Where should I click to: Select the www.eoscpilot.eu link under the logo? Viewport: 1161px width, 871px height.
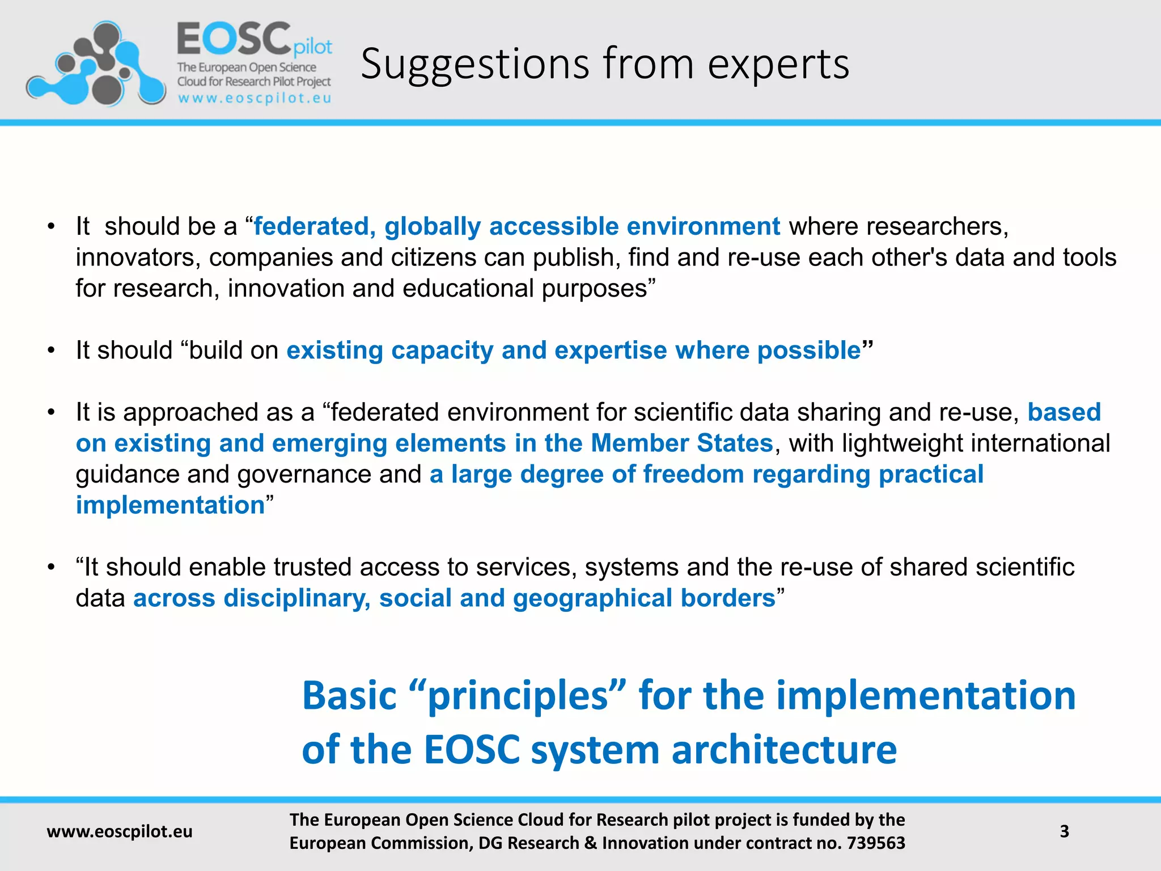[255, 98]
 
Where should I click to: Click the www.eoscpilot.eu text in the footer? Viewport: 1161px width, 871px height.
[120, 831]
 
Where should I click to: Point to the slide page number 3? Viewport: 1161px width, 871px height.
[1064, 831]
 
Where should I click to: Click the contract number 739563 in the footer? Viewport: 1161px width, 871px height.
[876, 843]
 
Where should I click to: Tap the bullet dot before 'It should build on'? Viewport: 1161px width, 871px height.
[52, 350]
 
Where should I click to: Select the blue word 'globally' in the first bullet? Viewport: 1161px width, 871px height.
[433, 226]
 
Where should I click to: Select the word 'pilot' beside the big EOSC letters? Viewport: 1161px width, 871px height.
[313, 48]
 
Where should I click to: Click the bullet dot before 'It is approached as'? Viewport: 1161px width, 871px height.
[52, 412]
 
